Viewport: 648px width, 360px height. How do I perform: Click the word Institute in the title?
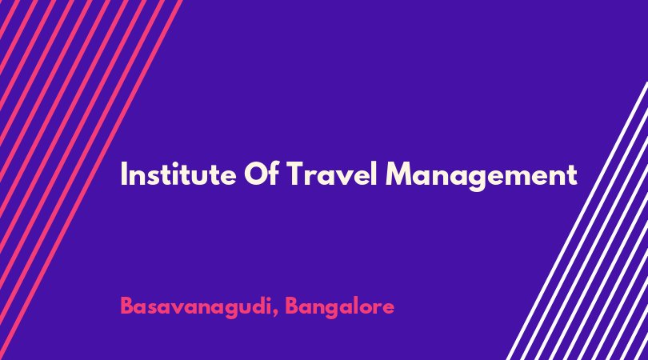178,174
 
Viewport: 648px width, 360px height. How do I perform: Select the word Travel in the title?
331,174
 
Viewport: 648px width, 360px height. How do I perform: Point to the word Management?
481,176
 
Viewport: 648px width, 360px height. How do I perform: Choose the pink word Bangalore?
340,307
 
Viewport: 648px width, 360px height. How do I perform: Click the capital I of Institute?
123,174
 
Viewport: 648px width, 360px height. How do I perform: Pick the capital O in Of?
256,174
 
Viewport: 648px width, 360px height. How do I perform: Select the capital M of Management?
399,174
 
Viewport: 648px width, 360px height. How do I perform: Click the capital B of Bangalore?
292,306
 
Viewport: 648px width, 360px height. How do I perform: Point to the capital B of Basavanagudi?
127,306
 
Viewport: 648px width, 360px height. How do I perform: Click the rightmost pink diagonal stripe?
91,180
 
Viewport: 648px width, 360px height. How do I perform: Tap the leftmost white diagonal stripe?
578,221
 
